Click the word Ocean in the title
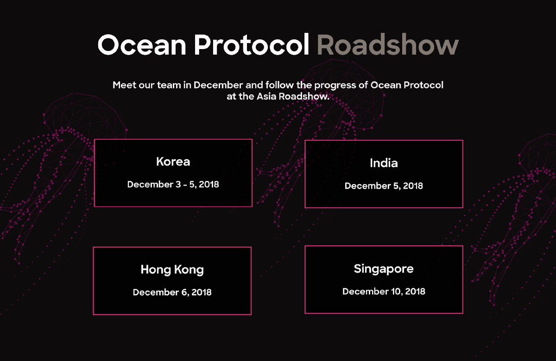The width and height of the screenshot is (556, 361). point(142,44)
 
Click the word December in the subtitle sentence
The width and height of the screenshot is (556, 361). point(218,85)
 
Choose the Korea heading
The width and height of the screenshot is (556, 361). point(173,162)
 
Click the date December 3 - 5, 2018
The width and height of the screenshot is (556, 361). point(173,185)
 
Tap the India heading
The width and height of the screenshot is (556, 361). point(384,163)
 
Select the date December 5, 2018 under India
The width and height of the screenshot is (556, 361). point(384,186)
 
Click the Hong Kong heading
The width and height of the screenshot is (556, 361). point(172,270)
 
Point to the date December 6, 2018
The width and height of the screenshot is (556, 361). point(172,293)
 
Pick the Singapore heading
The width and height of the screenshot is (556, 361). point(384,269)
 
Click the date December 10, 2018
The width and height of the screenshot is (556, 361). point(384,291)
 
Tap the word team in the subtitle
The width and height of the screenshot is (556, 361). point(169,85)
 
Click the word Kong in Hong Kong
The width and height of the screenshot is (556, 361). point(189,270)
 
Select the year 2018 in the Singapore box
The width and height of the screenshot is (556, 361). point(415,291)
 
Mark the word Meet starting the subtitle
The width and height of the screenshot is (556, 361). point(124,85)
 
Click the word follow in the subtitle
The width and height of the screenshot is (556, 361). point(279,85)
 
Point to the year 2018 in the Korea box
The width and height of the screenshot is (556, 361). point(209,185)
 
